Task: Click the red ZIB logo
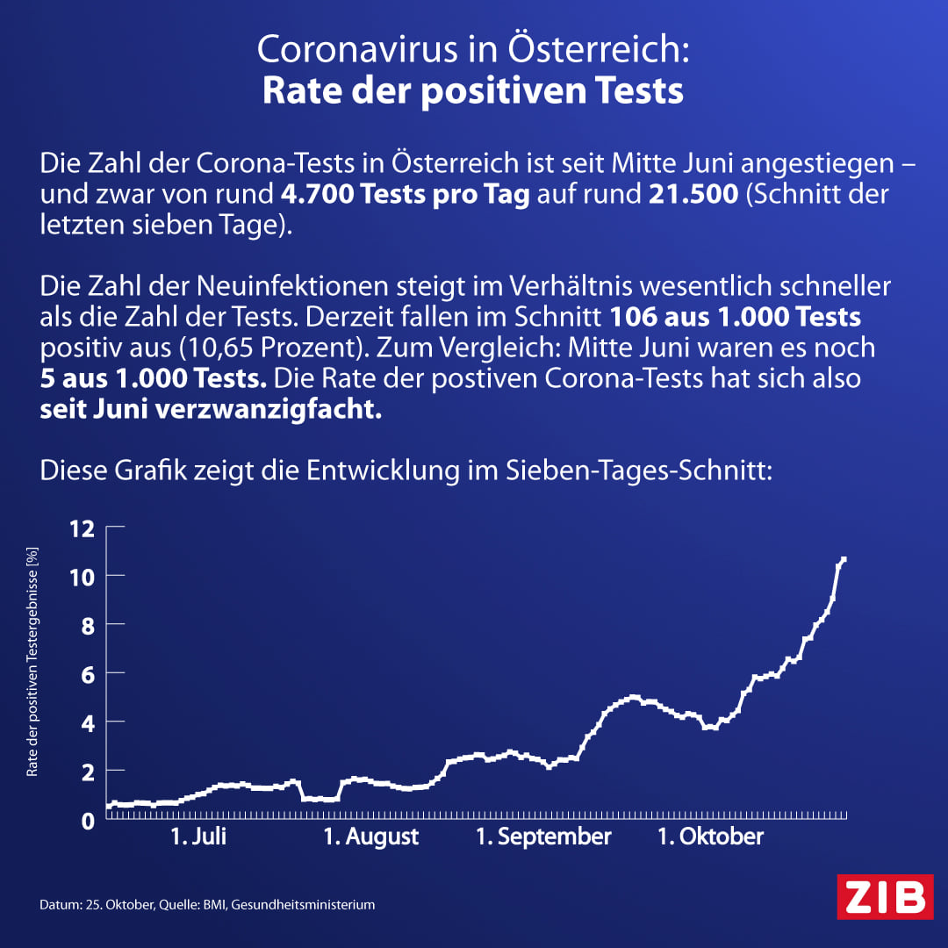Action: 884,896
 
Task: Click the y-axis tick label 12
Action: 82,528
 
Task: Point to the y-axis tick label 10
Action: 82,576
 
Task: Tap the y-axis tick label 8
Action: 87,625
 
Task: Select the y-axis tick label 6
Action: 87,673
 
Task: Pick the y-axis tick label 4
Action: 87,722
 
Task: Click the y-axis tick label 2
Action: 87,771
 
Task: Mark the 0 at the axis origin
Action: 87,820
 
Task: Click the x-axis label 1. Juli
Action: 198,837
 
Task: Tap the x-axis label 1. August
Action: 371,837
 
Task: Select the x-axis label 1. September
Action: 543,837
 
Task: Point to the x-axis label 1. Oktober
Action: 711,837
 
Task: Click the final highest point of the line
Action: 844,559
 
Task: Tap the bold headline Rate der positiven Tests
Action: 473,91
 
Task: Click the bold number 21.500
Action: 693,195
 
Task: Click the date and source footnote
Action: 207,904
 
